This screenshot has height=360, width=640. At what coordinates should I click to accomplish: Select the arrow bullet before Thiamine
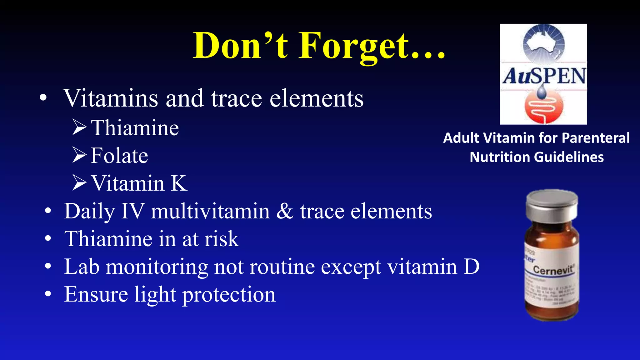coord(79,127)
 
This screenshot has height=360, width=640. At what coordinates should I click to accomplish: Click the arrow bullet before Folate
coord(79,155)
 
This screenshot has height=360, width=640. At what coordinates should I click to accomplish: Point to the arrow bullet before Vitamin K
coord(79,182)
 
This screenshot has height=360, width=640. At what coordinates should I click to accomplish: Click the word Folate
coord(119,155)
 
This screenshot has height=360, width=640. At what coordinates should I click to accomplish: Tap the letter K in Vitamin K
coord(179,183)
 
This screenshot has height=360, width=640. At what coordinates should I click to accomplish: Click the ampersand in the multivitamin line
coord(285,211)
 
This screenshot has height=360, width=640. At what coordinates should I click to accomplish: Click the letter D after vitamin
coord(471,267)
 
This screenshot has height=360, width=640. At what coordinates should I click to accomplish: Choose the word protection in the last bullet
coord(229,295)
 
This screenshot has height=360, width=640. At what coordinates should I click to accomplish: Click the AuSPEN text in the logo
coord(544,76)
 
